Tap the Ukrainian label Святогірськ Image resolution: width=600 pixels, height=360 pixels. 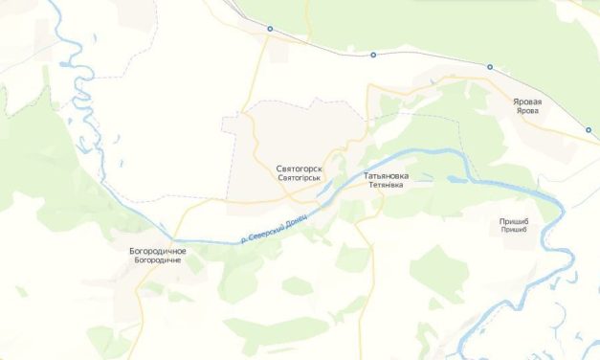pyautogui.click(x=299, y=178)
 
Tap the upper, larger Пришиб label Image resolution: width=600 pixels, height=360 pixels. pyautogui.click(x=515, y=222)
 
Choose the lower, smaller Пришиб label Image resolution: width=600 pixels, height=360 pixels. pyautogui.click(x=515, y=232)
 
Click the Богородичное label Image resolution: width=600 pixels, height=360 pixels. pyautogui.click(x=158, y=251)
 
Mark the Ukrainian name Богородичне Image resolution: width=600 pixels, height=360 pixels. pyautogui.click(x=158, y=260)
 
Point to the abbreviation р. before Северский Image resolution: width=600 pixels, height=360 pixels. pyautogui.click(x=245, y=241)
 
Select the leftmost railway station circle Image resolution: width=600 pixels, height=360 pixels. pyautogui.click(x=270, y=30)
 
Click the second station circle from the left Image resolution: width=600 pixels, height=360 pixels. pyautogui.click(x=373, y=55)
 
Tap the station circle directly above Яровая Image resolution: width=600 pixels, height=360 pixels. pyautogui.click(x=490, y=67)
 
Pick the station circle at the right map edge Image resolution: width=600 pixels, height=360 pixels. pyautogui.click(x=588, y=130)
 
